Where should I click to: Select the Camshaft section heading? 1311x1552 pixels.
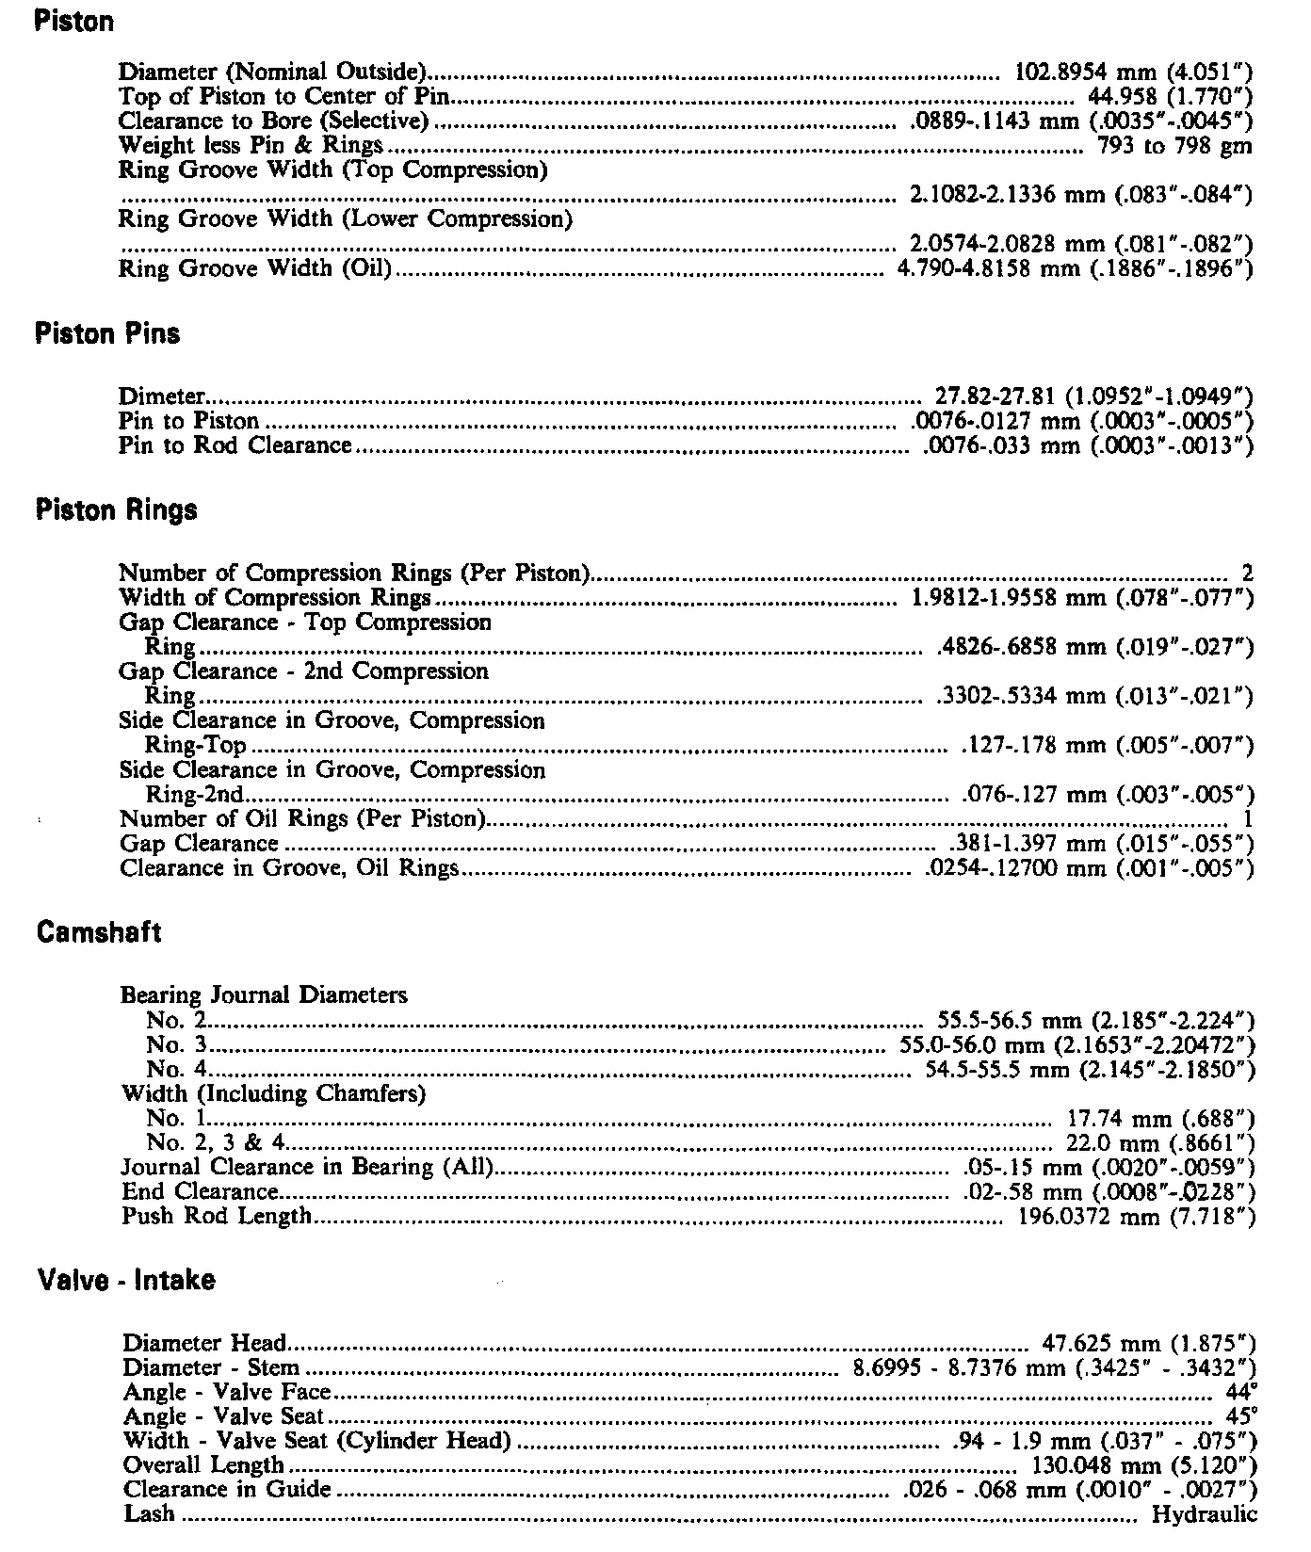click(x=99, y=932)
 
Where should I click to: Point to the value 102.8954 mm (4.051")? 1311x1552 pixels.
click(x=1134, y=72)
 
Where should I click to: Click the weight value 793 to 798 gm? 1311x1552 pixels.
click(x=1174, y=145)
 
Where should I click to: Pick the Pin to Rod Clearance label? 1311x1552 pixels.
click(x=235, y=445)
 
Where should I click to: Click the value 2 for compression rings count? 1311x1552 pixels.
click(x=1248, y=573)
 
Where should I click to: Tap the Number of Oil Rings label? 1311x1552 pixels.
click(x=302, y=818)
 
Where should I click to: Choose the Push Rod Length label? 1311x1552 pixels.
click(x=217, y=1216)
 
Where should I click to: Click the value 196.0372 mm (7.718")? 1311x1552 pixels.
click(x=1138, y=1217)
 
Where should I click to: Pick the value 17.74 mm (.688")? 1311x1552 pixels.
click(x=1160, y=1119)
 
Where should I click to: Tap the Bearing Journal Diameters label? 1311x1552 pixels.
click(x=264, y=994)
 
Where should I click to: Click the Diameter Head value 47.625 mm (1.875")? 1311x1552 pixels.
click(x=1148, y=1343)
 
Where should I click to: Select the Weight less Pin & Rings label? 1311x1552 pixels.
click(x=251, y=145)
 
